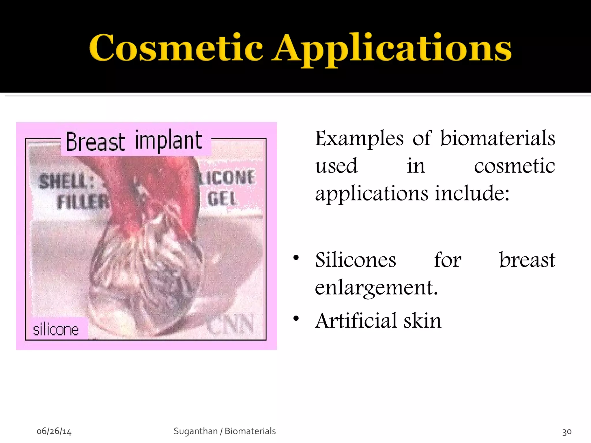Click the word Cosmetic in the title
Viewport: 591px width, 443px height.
[x=176, y=48]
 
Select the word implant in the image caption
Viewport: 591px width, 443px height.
[x=169, y=141]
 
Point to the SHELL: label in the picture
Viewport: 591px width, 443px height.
[x=66, y=182]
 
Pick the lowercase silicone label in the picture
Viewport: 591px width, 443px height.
[x=56, y=330]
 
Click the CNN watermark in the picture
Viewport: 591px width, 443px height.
[x=231, y=324]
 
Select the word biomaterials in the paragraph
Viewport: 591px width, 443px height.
[x=498, y=138]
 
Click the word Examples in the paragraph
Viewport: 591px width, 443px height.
[x=359, y=139]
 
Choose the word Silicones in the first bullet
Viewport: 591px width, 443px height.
[x=356, y=260]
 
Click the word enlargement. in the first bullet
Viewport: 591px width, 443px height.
[x=376, y=288]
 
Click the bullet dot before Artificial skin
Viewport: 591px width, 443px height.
[x=296, y=319]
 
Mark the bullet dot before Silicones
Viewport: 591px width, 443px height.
[x=296, y=258]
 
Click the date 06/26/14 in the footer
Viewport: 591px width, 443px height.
[x=54, y=431]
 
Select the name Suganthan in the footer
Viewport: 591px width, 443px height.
[x=195, y=431]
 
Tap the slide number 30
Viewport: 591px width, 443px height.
[x=567, y=432]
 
